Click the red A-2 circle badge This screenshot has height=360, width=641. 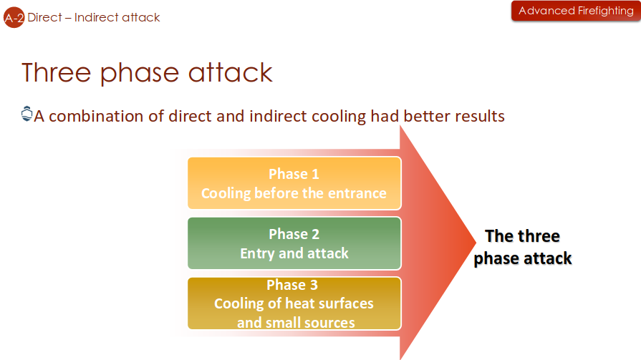pyautogui.click(x=14, y=17)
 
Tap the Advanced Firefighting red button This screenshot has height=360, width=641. pyautogui.click(x=576, y=11)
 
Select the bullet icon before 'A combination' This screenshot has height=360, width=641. pyautogui.click(x=27, y=114)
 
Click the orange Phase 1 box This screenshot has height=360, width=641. pyautogui.click(x=294, y=183)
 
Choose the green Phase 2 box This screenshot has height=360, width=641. pyautogui.click(x=294, y=243)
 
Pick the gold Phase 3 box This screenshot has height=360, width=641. pyautogui.click(x=294, y=303)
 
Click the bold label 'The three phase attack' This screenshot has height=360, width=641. pyautogui.click(x=523, y=247)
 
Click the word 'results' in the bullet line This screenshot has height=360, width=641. pyautogui.click(x=479, y=115)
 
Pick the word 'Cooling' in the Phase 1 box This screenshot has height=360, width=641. pyautogui.click(x=226, y=193)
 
